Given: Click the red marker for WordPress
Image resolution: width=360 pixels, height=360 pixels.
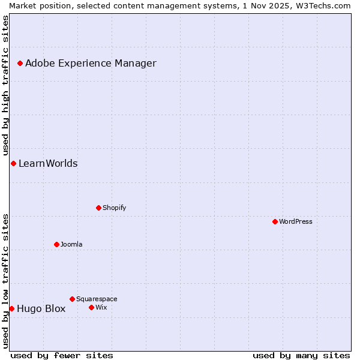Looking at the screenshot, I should coord(275,221).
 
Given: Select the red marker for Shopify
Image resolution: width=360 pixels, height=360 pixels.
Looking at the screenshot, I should coord(98,208).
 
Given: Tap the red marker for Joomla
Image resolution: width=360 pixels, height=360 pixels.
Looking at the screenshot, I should coord(56,244).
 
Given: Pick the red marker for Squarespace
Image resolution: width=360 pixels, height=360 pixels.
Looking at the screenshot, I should coord(72,299).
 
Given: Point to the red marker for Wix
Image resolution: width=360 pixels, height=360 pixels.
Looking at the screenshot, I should coord(91,307).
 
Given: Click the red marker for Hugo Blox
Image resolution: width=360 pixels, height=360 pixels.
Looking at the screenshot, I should coord(11,308).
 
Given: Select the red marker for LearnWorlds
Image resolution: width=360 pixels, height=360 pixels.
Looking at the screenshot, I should coord(13,163).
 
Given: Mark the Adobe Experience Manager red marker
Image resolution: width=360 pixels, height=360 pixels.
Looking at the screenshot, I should coord(20,63).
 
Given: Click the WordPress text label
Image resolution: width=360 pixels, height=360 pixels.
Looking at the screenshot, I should coord(296,221).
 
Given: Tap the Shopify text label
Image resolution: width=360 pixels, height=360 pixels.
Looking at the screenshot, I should coord(114,208).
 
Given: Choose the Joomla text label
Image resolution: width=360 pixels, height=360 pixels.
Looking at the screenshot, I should coord(71,244).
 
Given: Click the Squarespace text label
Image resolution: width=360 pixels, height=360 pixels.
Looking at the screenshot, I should coord(97,299).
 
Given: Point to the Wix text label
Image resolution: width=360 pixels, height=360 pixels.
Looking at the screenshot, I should coord(101,307).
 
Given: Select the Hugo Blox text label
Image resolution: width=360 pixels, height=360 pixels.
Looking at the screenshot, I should coord(41,309).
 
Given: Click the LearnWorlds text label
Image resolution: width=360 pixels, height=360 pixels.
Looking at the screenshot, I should coord(48,164).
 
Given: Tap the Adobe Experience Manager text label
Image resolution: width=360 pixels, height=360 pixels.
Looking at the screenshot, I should coord(91,64).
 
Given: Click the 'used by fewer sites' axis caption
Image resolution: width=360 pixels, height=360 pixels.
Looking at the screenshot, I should coord(62,355).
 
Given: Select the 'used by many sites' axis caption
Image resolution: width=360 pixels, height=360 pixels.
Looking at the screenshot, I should coord(301,355).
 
